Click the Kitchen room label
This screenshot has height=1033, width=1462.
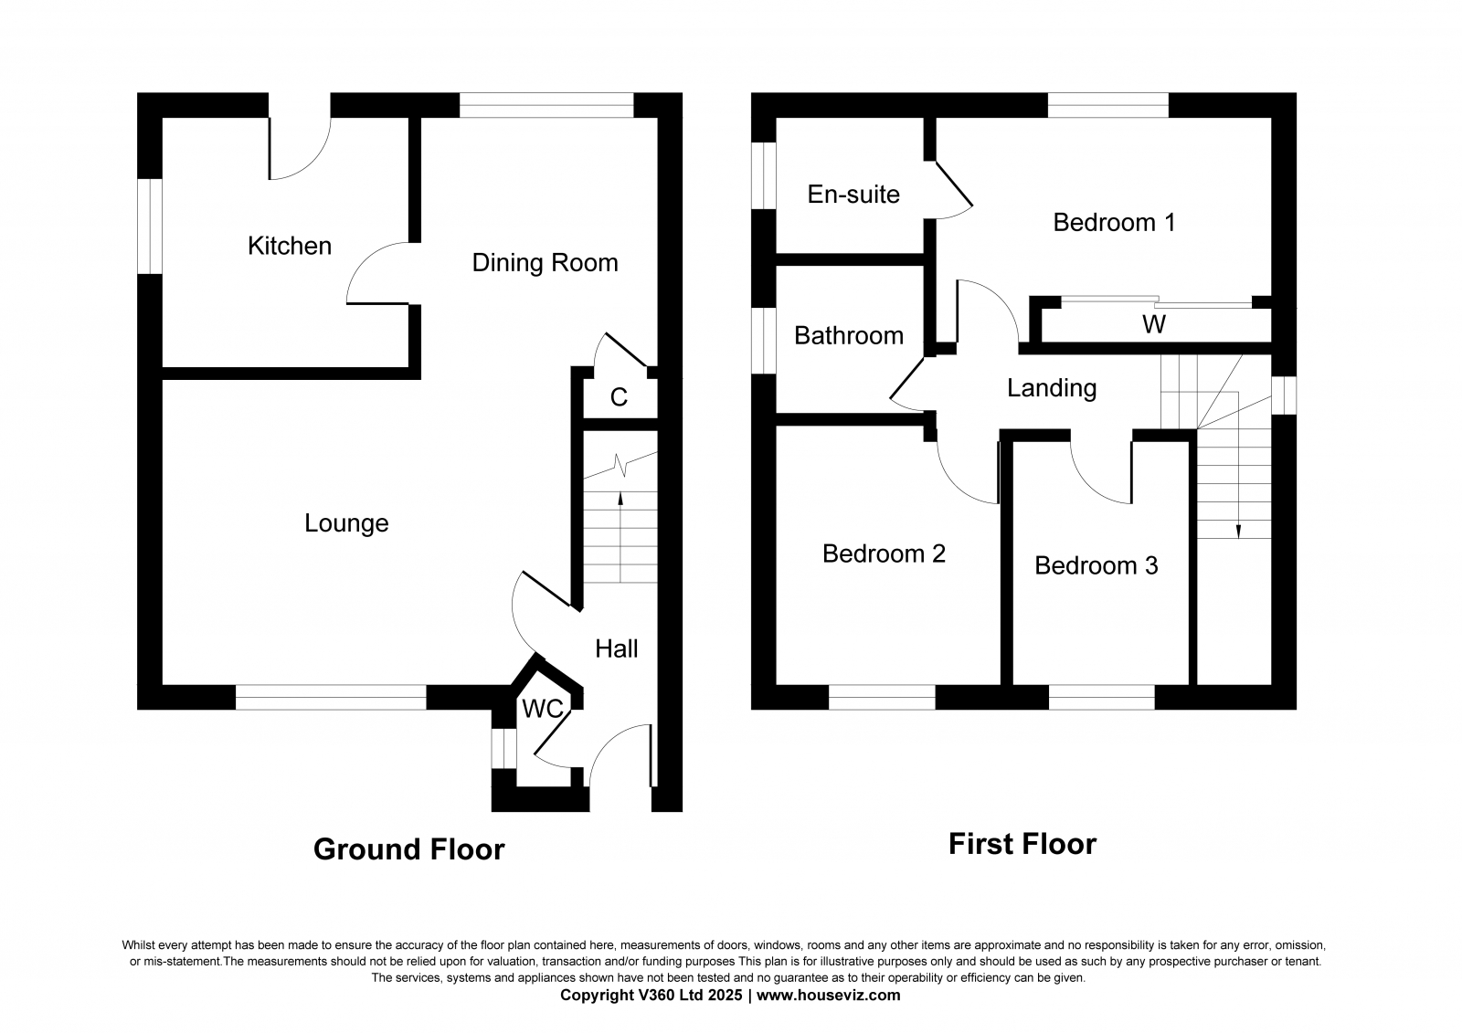tap(290, 246)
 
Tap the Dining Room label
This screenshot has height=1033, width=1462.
tap(545, 262)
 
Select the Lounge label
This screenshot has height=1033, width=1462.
tap(346, 523)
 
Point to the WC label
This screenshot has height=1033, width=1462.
tap(543, 708)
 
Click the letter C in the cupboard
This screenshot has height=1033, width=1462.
tap(619, 396)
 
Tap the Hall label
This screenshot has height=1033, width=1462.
tap(616, 648)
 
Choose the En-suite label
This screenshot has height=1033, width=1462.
tap(853, 194)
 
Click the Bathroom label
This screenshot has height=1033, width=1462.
tap(849, 335)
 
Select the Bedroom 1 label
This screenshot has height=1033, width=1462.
tap(1114, 223)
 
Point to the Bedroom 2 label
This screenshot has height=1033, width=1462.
tap(884, 553)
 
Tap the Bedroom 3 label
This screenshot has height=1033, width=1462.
tap(1096, 565)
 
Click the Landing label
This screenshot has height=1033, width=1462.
tap(1052, 388)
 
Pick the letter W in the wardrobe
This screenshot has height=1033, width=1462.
tap(1154, 324)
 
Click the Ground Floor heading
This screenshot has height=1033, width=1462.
tap(409, 849)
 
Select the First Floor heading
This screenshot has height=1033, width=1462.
tap(1022, 844)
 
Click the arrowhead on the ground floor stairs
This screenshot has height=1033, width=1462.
tap(620, 499)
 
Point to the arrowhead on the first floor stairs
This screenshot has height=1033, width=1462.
tap(1238, 532)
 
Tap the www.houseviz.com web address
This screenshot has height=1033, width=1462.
tap(828, 996)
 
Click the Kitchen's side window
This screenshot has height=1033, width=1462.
tap(150, 226)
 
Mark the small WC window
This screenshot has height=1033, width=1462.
tap(503, 748)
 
